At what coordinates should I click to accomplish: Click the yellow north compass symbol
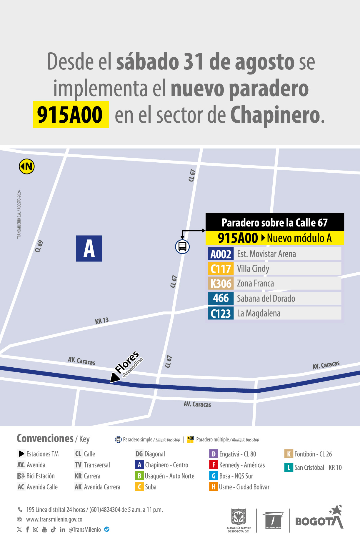pyautogui.click(x=27, y=166)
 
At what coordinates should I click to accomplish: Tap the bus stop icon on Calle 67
pyautogui.click(x=182, y=246)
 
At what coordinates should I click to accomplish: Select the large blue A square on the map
pyautogui.click(x=89, y=249)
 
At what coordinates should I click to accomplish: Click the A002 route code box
pyautogui.click(x=221, y=254)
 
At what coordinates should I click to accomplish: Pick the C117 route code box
pyautogui.click(x=221, y=269)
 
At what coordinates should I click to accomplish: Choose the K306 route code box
pyautogui.click(x=221, y=284)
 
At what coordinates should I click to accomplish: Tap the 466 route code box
pyautogui.click(x=221, y=298)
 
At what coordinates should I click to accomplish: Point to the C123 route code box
pyautogui.click(x=221, y=313)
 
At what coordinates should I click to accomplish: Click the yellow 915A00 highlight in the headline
pyautogui.click(x=71, y=115)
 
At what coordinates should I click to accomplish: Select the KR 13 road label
pyautogui.click(x=102, y=321)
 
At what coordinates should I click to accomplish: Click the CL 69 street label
pyautogui.click(x=39, y=246)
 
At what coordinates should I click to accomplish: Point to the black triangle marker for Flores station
pyautogui.click(x=114, y=377)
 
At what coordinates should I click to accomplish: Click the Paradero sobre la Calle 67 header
pyautogui.click(x=275, y=222)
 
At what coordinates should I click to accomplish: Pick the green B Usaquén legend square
pyautogui.click(x=139, y=476)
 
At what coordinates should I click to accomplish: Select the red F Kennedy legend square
pyautogui.click(x=214, y=465)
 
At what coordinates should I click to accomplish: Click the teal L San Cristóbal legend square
pyautogui.click(x=289, y=467)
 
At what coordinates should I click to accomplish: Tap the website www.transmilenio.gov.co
pyautogui.click(x=54, y=519)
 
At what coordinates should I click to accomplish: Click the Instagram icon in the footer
pyautogui.click(x=36, y=529)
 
